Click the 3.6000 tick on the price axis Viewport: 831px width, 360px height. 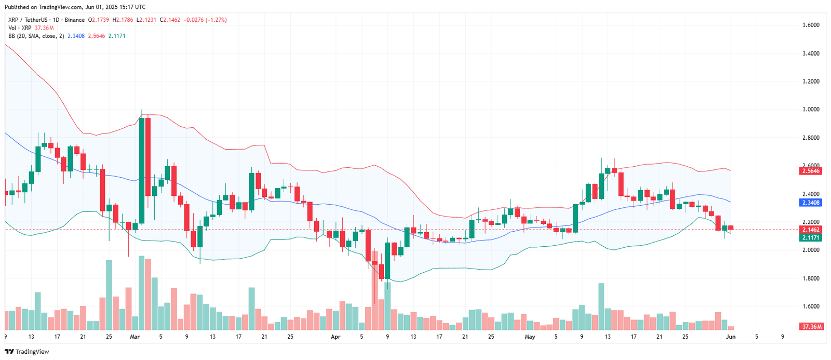tap(811, 25)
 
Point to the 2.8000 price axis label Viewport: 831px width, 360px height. tap(811, 138)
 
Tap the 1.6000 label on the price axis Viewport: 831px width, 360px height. tap(811, 306)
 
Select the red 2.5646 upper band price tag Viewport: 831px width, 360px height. tap(811, 171)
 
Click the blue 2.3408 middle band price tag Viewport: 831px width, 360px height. tap(811, 203)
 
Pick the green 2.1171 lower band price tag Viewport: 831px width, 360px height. tap(811, 237)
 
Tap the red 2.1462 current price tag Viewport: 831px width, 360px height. tap(811, 230)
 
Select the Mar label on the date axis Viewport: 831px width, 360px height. tap(135, 337)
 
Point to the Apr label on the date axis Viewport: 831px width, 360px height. tap(336, 337)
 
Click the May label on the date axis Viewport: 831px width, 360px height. tap(530, 337)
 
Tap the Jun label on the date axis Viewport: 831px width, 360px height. tap(730, 337)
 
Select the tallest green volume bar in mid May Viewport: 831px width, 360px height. tap(601, 306)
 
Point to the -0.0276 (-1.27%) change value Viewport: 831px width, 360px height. tap(206, 20)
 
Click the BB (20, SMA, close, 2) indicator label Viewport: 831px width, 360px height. tap(36, 36)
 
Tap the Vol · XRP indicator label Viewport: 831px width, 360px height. tap(20, 28)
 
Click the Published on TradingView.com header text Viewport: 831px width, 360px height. tap(75, 7)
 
